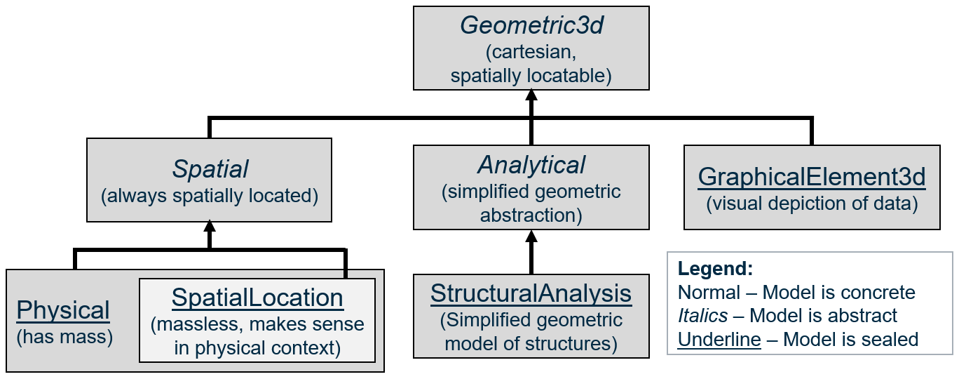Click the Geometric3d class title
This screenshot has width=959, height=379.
[531, 26]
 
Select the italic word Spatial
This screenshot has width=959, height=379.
[210, 169]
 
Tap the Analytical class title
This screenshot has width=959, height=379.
[531, 165]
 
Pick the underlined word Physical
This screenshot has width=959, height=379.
[63, 310]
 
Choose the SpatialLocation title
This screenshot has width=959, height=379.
[257, 298]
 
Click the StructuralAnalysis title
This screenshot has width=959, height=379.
[531, 293]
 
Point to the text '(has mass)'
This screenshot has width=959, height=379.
[64, 336]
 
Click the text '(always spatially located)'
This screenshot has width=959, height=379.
[210, 196]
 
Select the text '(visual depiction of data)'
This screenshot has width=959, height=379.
[812, 204]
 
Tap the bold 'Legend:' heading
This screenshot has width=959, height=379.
[715, 269]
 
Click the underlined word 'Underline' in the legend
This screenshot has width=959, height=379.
[719, 340]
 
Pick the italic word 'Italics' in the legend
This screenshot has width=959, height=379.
[702, 316]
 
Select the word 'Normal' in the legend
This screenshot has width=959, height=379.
[709, 293]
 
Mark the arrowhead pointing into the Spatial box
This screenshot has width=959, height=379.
[209, 227]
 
